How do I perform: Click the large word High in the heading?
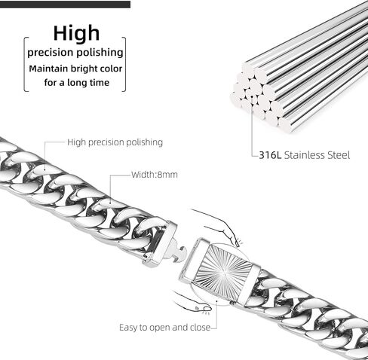point(76,33)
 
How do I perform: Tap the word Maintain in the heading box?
point(48,69)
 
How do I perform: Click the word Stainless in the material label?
point(305,155)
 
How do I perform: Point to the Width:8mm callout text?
point(155,175)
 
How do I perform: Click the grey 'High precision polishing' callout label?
point(115,142)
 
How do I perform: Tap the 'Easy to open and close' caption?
point(164,328)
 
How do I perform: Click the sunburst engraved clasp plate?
point(223,271)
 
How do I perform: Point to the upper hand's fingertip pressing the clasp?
point(236,243)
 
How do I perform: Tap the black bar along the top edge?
point(65,4)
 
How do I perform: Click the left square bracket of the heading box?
point(26,64)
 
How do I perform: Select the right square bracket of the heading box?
point(124,64)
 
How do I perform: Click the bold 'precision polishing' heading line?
point(75,53)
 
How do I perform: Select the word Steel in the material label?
point(339,155)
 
